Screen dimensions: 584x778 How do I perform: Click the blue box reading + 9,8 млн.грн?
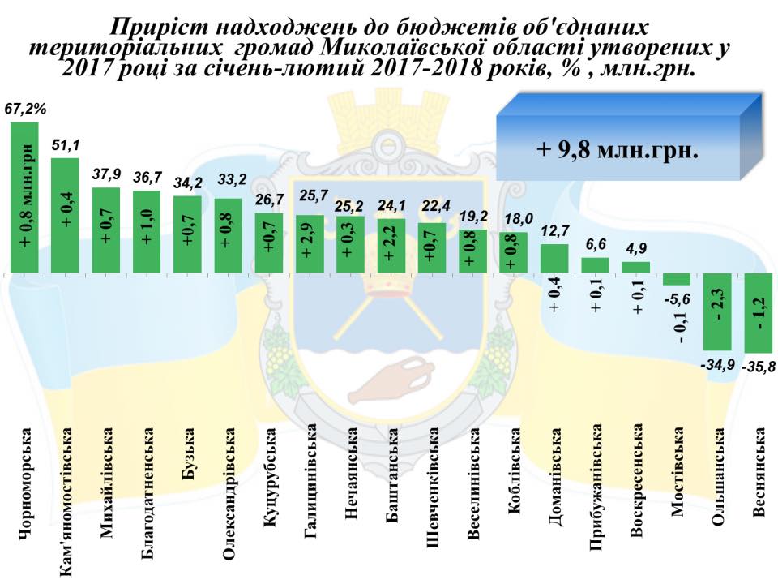pos(618,151)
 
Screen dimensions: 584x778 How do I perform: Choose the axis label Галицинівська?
pos(311,486)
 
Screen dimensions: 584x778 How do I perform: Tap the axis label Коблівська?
pos(514,470)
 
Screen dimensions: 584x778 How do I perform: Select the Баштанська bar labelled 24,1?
pos(392,245)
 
